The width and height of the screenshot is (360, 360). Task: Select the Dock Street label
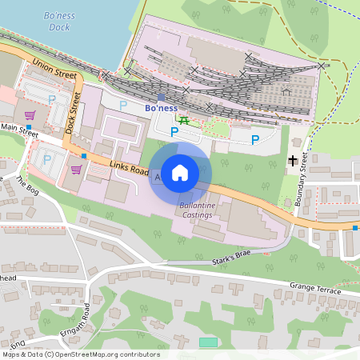point(74,112)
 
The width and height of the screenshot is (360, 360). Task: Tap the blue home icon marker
point(181,173)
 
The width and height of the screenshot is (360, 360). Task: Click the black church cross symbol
point(293,161)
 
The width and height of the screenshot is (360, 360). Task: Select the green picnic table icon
point(184,120)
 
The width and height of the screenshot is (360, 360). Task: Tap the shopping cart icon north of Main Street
point(30,114)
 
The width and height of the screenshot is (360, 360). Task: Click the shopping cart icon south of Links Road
point(76,169)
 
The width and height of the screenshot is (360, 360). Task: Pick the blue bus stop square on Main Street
point(29,127)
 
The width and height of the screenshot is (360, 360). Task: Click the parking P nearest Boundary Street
point(254,141)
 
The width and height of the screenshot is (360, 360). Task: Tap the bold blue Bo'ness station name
point(160,107)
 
